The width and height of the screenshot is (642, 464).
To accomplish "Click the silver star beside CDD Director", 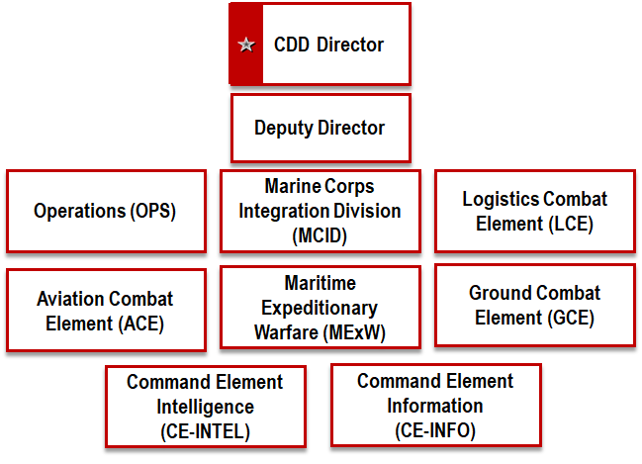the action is [246, 45].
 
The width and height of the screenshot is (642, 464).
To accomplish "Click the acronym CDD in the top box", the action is [292, 45].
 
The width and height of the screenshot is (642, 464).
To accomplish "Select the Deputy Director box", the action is [321, 129].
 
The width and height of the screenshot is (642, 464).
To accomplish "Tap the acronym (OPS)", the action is [153, 212].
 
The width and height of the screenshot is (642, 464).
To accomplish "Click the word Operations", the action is [80, 211].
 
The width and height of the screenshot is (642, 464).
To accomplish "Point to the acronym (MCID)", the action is [320, 235].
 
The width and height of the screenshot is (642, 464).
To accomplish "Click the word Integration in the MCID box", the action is [281, 212].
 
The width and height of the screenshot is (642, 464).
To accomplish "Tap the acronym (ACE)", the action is [141, 324].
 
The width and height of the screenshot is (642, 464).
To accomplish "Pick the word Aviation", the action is [70, 299].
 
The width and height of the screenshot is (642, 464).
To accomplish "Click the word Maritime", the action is [321, 283].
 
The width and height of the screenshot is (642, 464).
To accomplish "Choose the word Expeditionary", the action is [320, 308].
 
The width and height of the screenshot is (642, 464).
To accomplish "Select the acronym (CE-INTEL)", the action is [205, 431].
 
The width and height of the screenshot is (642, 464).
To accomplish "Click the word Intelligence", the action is [205, 407].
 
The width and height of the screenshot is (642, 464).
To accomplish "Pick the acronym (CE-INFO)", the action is [435, 430].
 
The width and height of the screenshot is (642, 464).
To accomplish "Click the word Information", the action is [435, 406].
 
